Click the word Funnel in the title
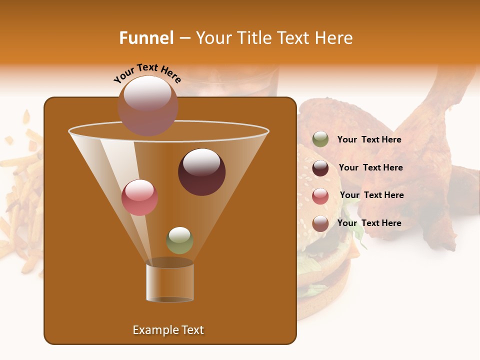pyautogui.click(x=146, y=38)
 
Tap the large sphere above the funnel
pyautogui.click(x=147, y=105)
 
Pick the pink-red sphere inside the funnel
pyautogui.click(x=139, y=197)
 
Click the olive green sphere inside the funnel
pyautogui.click(x=179, y=240)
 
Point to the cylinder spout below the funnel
pyautogui.click(x=170, y=282)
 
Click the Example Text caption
pyautogui.click(x=168, y=330)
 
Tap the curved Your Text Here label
pyautogui.click(x=147, y=73)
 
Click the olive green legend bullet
pyautogui.click(x=320, y=139)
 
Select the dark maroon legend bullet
pyautogui.click(x=320, y=168)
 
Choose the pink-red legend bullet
pyautogui.click(x=320, y=196)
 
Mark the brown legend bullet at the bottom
pyautogui.click(x=320, y=223)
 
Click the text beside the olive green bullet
pyautogui.click(x=369, y=140)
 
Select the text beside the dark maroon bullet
pyautogui.click(x=370, y=168)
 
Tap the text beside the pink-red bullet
pyautogui.click(x=371, y=195)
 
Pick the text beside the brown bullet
pyautogui.click(x=369, y=223)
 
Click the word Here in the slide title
pyautogui.click(x=333, y=38)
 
